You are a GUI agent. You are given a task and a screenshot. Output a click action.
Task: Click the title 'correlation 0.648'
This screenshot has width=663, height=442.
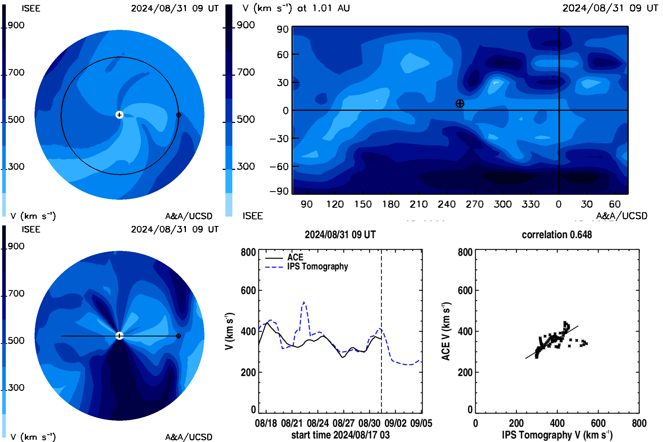(556, 235)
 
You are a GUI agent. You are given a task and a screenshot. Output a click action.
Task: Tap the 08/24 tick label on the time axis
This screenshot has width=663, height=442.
(318, 423)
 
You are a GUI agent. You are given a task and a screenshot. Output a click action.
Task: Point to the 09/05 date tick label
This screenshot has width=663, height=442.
(421, 423)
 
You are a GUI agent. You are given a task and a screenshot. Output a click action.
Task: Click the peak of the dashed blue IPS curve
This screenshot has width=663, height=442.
(304, 302)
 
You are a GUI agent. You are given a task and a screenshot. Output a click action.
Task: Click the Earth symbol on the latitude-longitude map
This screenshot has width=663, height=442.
(460, 103)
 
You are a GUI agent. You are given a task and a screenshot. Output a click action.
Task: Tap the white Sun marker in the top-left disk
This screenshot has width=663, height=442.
(119, 115)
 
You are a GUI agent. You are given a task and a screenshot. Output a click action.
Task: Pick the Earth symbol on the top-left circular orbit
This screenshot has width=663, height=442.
(178, 115)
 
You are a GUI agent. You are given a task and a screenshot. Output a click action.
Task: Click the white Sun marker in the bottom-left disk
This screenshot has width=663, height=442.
(119, 336)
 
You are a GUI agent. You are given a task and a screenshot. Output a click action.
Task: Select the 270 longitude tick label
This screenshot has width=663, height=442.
(474, 204)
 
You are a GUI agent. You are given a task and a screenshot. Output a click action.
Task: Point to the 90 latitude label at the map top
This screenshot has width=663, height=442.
(282, 29)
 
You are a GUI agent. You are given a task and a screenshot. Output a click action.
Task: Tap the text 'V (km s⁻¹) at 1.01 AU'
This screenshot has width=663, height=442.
(296, 9)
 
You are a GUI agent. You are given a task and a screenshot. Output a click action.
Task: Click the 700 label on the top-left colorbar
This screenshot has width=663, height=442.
(16, 72)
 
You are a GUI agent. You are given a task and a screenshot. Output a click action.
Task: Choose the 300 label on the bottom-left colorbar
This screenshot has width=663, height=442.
(16, 388)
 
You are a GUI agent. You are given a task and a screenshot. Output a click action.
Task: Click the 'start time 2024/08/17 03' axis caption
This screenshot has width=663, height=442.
(340, 435)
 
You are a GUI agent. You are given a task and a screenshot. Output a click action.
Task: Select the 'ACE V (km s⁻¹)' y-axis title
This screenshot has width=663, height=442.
(446, 331)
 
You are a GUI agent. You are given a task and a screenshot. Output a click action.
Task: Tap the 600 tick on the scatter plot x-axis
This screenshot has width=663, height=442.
(598, 423)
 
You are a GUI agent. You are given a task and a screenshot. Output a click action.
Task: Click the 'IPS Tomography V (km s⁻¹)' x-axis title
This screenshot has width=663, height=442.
(557, 435)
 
